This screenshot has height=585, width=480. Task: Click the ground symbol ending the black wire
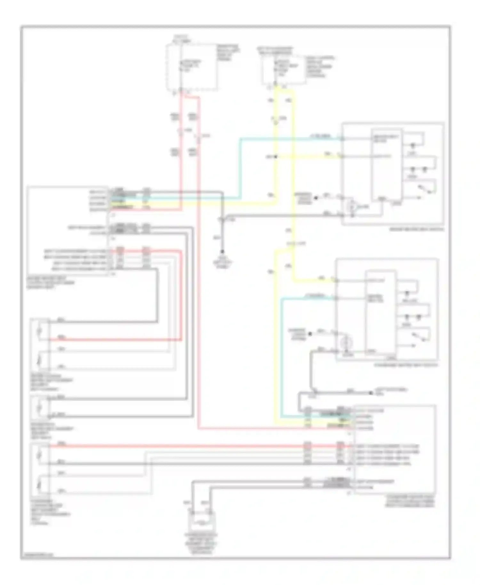222,252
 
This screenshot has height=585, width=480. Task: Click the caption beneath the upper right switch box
416,229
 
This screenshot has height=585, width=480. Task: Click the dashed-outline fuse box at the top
192,67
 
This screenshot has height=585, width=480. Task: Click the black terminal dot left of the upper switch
316,198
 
